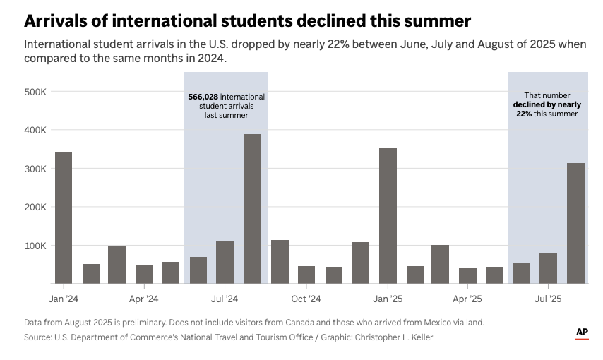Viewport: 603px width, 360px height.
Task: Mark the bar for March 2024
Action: click(117, 265)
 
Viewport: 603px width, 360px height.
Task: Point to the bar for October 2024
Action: click(306, 275)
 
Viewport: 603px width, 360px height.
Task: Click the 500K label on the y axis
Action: click(35, 92)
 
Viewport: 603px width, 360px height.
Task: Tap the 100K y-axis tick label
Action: click(35, 246)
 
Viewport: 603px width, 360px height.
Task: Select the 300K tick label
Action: click(35, 169)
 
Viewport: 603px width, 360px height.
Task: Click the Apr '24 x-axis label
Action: click(144, 299)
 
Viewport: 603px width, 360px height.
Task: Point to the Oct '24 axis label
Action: click(306, 299)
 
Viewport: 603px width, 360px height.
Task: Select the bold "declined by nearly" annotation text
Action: click(547, 104)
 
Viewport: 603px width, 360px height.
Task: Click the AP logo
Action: click(582, 332)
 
